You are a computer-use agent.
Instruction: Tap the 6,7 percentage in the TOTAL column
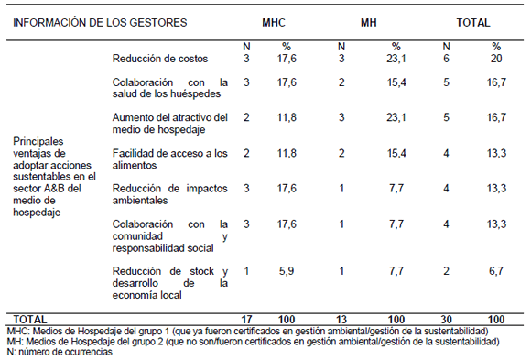(496, 271)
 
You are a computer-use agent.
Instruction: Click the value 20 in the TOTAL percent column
(496, 59)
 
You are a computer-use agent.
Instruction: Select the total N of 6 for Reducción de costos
(446, 59)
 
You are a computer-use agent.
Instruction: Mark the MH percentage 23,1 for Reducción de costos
(396, 59)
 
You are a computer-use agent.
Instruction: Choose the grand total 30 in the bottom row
(446, 320)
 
